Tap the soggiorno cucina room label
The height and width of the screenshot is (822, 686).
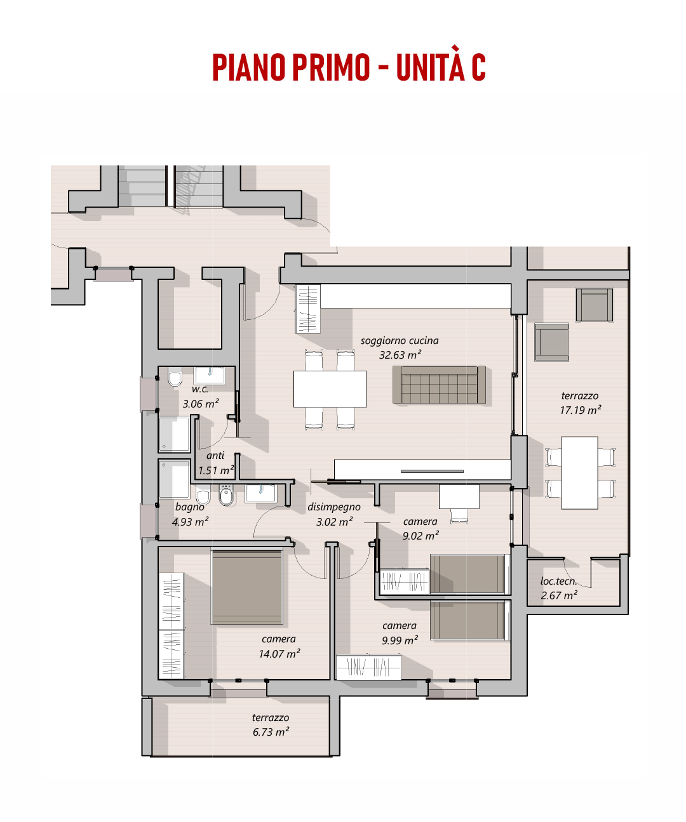pos(399,340)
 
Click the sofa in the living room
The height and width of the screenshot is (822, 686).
pos(438,385)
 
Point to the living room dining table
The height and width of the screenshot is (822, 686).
pos(330,388)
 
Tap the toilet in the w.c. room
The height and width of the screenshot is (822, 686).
pos(175,376)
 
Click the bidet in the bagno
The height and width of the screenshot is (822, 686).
pos(225,495)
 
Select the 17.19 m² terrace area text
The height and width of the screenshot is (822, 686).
pos(581,410)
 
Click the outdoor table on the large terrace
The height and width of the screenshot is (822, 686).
pos(579,473)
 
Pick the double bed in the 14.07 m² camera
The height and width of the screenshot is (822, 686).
pos(247,587)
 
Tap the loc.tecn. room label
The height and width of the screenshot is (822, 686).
pos(558,581)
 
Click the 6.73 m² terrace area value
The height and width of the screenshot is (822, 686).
pos(271,732)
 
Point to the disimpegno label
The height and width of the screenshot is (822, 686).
pos(333,507)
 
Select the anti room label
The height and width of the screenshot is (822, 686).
pos(215,456)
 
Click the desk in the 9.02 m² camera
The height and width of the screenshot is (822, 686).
pos(459,496)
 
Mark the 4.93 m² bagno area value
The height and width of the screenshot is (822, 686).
pos(190,522)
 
